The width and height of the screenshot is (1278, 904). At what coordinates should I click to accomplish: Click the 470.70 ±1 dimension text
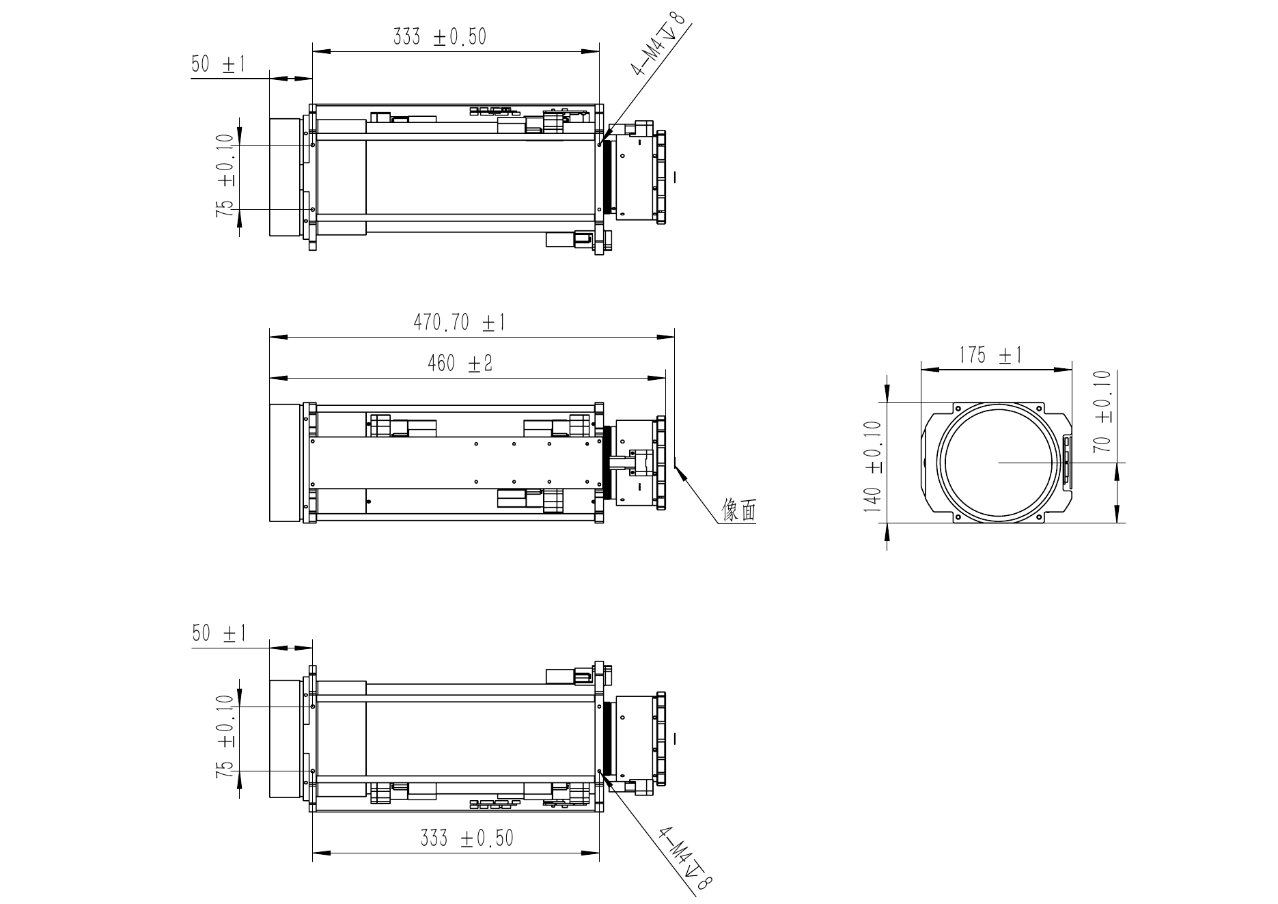coord(459,322)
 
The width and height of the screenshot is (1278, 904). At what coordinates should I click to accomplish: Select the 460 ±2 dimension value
coord(460,364)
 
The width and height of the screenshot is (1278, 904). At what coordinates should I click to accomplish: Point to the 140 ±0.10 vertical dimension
coord(872,466)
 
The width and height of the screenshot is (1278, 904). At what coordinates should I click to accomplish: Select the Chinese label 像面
coord(740,510)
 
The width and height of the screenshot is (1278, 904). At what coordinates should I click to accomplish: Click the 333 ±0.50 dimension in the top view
coord(440,37)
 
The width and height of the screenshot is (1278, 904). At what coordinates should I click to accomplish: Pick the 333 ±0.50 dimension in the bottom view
coord(467,838)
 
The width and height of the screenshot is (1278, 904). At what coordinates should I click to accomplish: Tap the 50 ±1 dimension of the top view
coord(218,65)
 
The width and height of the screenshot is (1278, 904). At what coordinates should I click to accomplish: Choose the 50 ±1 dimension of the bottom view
coord(219,633)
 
